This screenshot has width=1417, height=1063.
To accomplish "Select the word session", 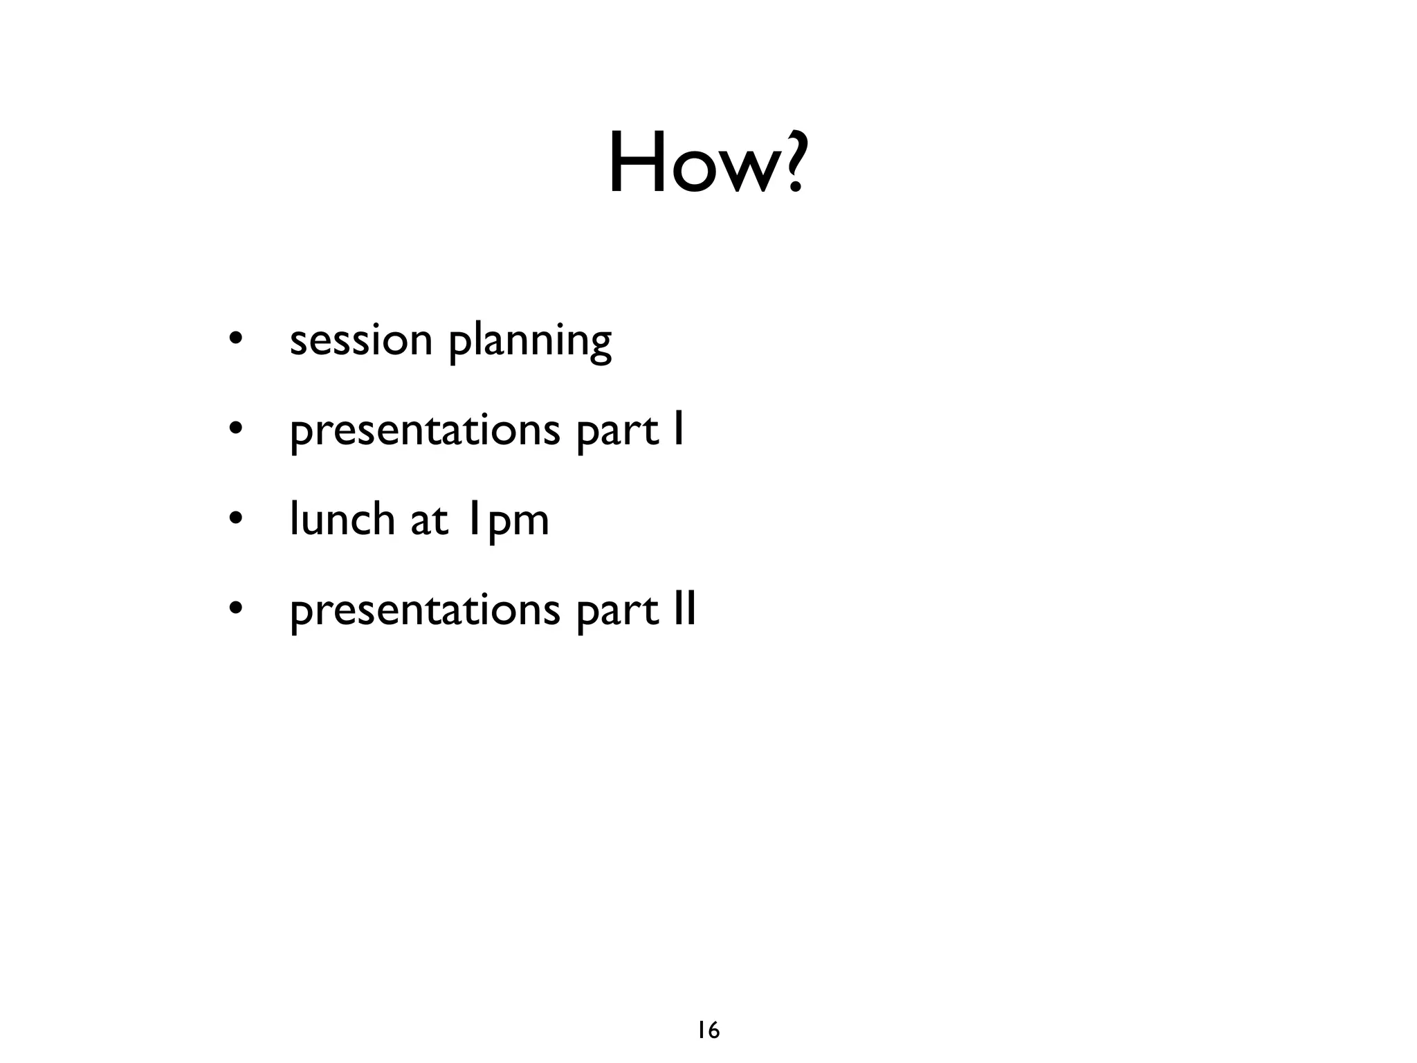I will pos(360,340).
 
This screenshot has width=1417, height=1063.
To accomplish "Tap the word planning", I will pos(530,343).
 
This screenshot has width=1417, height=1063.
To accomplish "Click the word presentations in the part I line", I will pos(424,431).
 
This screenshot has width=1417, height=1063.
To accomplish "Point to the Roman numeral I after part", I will pos(679,429).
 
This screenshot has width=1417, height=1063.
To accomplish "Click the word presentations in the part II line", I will pos(424,611).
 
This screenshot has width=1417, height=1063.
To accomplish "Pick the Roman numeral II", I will pos(685,609).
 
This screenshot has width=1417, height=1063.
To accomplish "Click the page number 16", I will pos(708,1030).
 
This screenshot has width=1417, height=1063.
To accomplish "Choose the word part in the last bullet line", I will pos(616,611).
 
